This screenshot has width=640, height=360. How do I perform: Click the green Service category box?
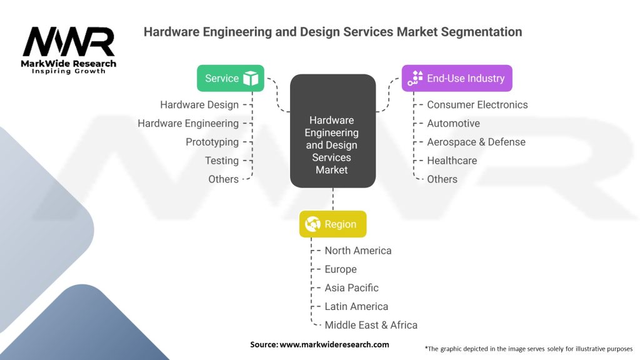click(231, 78)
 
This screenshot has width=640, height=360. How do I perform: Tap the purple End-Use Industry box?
click(456, 78)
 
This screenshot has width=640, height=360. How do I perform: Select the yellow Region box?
click(332, 224)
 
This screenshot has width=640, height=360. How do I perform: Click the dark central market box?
click(332, 132)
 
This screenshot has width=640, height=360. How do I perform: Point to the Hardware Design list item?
click(199, 105)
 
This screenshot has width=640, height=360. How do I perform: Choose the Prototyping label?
click(212, 142)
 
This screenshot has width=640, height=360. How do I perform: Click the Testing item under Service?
click(222, 161)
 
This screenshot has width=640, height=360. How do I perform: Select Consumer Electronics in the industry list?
click(477, 105)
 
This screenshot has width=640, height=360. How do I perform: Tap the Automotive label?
click(453, 123)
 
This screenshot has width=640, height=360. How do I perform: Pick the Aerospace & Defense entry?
click(476, 142)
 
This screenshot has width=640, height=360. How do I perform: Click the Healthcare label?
click(452, 161)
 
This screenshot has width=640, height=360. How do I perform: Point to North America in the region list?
click(357, 251)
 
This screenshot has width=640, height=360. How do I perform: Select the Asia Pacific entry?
click(351, 288)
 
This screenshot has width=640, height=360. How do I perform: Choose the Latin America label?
click(356, 306)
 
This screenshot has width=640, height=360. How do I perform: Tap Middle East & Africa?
click(371, 325)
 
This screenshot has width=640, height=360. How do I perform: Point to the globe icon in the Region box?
click(312, 224)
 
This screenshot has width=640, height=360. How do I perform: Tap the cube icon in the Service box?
click(251, 79)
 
